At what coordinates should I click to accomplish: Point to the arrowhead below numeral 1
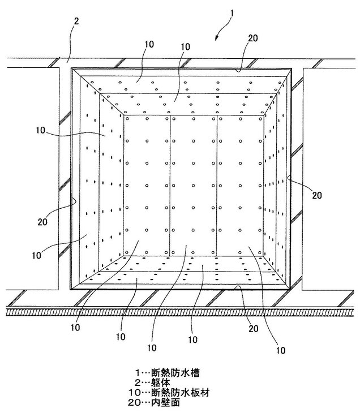217,38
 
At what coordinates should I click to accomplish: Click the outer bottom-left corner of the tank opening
69,290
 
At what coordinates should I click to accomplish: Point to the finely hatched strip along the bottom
180,312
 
